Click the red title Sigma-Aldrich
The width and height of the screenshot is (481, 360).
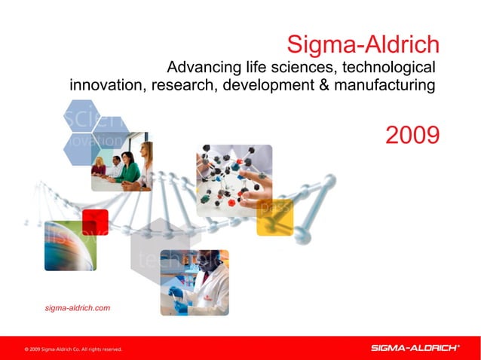pyautogui.click(x=363, y=44)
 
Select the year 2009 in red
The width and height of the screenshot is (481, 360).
pyautogui.click(x=412, y=136)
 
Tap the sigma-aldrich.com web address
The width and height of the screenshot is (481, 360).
pyautogui.click(x=78, y=308)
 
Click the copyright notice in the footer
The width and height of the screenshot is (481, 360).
pyautogui.click(x=72, y=349)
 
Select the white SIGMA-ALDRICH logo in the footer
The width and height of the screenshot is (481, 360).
pyautogui.click(x=415, y=348)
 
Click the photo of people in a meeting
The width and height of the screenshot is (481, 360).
pyautogui.click(x=121, y=161)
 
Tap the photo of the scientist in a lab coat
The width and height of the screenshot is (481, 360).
pyautogui.click(x=194, y=282)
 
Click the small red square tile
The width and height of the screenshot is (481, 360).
pyautogui.click(x=95, y=222)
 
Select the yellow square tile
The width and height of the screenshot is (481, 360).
pyautogui.click(x=274, y=218)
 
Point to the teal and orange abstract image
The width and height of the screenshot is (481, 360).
pyautogui.click(x=70, y=246)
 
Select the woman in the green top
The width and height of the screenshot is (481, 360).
pyautogui.click(x=128, y=169)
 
